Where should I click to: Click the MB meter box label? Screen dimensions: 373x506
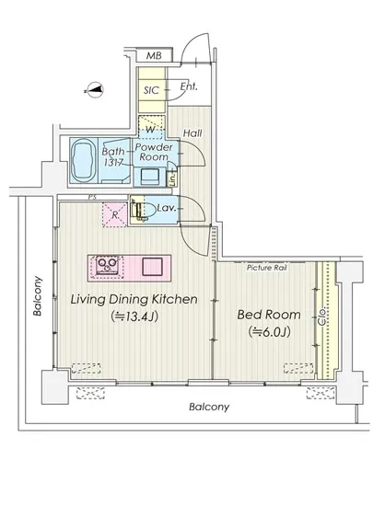[x=154, y=55]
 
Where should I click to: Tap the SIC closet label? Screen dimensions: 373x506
[x=151, y=90]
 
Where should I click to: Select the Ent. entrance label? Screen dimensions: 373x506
[x=189, y=86]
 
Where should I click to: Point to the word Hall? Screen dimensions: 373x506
[x=192, y=132]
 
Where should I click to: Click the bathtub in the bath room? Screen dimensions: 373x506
[x=84, y=161]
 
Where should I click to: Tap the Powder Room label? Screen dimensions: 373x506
[x=154, y=152]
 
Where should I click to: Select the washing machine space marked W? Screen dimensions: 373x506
[x=151, y=127]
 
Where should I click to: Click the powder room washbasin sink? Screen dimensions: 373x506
[x=149, y=177]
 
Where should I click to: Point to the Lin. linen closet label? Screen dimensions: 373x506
[x=172, y=178]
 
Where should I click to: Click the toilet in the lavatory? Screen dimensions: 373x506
[x=144, y=211]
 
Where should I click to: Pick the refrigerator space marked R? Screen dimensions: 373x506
[x=114, y=214]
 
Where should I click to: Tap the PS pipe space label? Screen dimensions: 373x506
[x=92, y=197]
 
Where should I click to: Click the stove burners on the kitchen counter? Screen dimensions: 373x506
[x=107, y=265]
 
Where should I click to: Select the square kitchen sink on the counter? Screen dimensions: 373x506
[x=153, y=267]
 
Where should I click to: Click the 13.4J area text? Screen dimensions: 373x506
[x=134, y=316]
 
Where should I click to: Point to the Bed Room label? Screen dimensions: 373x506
[x=269, y=315]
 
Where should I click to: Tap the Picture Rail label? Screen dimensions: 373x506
[x=267, y=268]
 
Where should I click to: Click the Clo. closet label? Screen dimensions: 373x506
[x=322, y=316]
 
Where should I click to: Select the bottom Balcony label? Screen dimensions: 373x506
[x=209, y=407]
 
